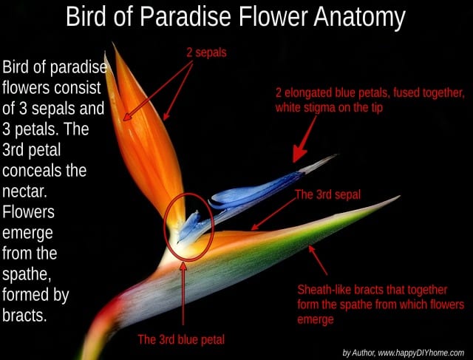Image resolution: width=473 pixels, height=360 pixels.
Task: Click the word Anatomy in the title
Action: (x=359, y=17)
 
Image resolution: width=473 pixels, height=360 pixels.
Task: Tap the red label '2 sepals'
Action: (x=206, y=52)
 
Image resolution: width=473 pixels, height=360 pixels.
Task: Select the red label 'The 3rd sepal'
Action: (x=327, y=194)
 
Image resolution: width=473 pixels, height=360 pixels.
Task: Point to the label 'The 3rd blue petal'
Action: (x=181, y=339)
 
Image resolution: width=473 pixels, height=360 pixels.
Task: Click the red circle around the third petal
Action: (x=164, y=226)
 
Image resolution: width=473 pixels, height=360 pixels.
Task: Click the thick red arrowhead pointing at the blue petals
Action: (x=300, y=153)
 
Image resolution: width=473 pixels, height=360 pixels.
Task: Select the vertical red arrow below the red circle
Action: (x=183, y=293)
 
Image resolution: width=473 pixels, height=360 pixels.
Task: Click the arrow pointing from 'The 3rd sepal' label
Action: (x=273, y=214)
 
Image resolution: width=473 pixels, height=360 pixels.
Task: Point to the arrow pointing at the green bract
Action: (x=317, y=259)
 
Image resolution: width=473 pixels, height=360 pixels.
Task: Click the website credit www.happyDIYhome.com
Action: (x=421, y=353)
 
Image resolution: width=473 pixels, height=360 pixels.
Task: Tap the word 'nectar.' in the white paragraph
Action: (x=24, y=191)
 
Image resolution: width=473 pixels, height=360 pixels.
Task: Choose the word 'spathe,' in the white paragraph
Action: (x=27, y=275)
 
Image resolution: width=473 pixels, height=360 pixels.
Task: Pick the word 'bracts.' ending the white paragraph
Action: (x=24, y=316)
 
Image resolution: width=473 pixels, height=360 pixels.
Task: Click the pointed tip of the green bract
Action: (x=399, y=197)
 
